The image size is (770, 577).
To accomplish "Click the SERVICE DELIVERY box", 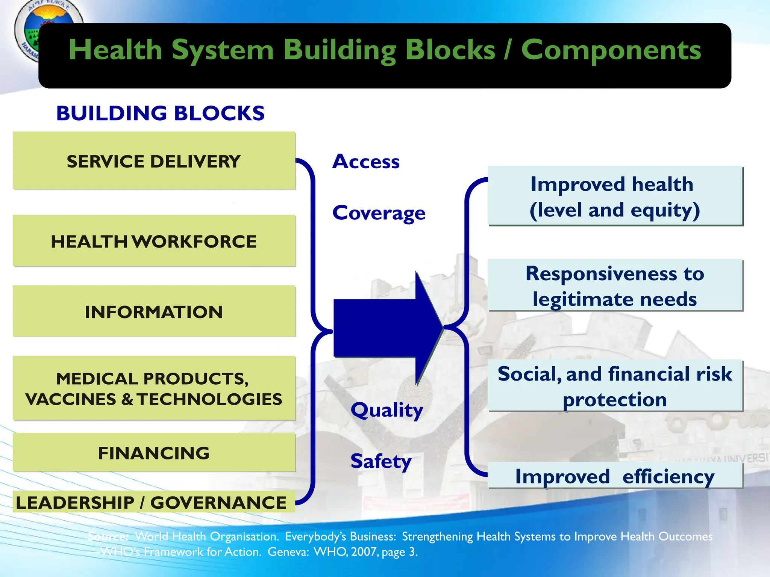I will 154,161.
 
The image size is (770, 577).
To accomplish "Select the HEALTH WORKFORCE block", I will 154,241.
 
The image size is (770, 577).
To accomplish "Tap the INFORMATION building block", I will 154,312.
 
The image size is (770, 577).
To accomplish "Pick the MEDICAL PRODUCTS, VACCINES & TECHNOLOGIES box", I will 154,388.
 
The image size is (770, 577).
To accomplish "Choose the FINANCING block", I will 154,453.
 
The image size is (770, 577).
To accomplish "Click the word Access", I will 366,162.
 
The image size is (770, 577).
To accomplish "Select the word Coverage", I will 379,213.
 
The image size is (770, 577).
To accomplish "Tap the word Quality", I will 387,410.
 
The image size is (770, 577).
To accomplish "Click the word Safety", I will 380,461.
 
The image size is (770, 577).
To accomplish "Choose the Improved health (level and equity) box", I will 615,196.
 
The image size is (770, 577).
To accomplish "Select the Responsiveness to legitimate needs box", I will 615,285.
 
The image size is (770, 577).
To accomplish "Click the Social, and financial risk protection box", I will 615,386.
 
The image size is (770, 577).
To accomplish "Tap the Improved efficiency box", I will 615,476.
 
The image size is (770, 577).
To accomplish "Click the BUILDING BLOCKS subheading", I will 161,113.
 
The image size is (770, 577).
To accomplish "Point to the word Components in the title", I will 611,50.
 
